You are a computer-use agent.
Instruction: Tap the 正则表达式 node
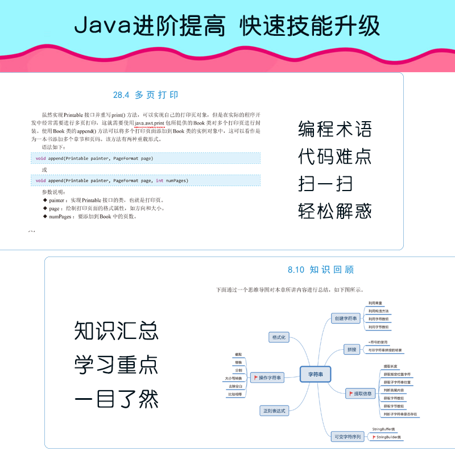274,410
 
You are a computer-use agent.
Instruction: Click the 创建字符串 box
346,318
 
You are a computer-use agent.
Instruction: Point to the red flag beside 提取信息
351,393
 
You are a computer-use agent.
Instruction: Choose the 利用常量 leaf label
376,303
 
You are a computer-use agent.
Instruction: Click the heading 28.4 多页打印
146,95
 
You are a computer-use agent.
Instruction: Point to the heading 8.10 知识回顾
321,270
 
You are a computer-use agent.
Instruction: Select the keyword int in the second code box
160,180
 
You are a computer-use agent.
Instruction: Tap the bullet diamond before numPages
45,217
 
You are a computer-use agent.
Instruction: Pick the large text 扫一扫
325,184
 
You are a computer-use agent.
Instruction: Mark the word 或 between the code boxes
44,169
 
